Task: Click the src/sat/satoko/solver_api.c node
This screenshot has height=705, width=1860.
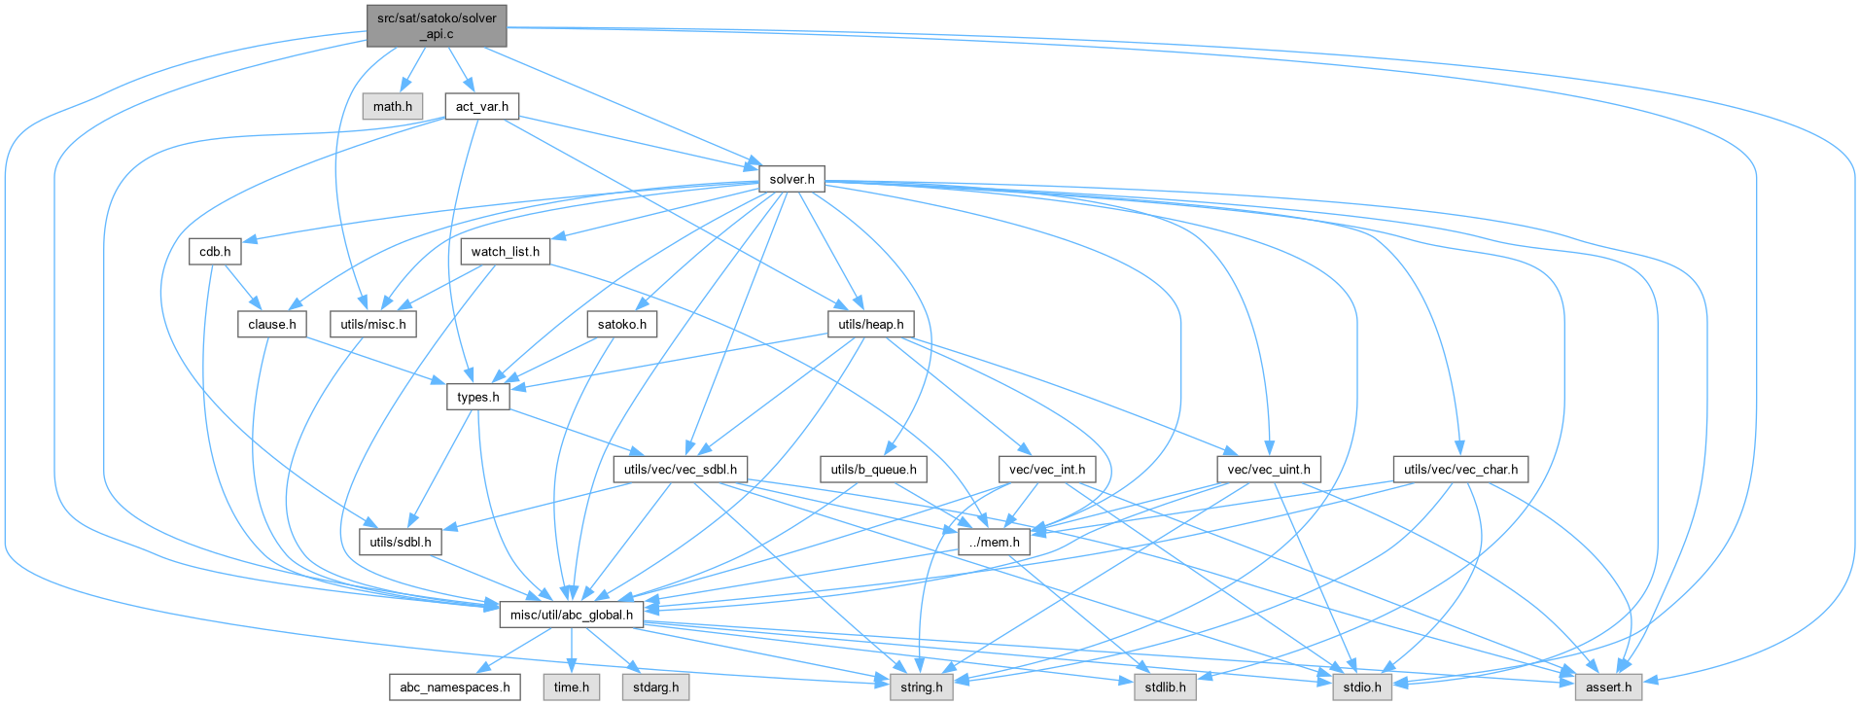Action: [x=437, y=25]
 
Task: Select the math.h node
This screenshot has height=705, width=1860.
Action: [x=393, y=106]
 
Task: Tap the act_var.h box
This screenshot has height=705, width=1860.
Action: [x=482, y=106]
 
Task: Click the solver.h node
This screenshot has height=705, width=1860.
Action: [x=791, y=179]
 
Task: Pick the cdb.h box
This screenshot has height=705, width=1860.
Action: [x=215, y=252]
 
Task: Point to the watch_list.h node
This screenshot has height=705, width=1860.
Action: [x=505, y=252]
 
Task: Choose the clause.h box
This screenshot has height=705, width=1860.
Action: [x=272, y=324]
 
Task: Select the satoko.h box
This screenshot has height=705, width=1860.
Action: [x=622, y=324]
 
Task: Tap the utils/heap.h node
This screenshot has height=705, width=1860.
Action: [x=870, y=324]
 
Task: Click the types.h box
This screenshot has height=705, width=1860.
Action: [x=478, y=397]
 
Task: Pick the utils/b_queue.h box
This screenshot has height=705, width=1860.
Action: [x=873, y=470]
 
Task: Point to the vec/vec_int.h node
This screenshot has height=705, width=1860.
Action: [x=1047, y=470]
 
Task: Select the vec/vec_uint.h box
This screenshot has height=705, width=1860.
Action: [x=1269, y=470]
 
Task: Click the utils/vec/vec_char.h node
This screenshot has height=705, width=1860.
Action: [x=1460, y=470]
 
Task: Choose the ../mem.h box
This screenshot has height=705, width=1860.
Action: [x=994, y=543]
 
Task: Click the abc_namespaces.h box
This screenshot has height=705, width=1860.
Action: [x=454, y=687]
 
